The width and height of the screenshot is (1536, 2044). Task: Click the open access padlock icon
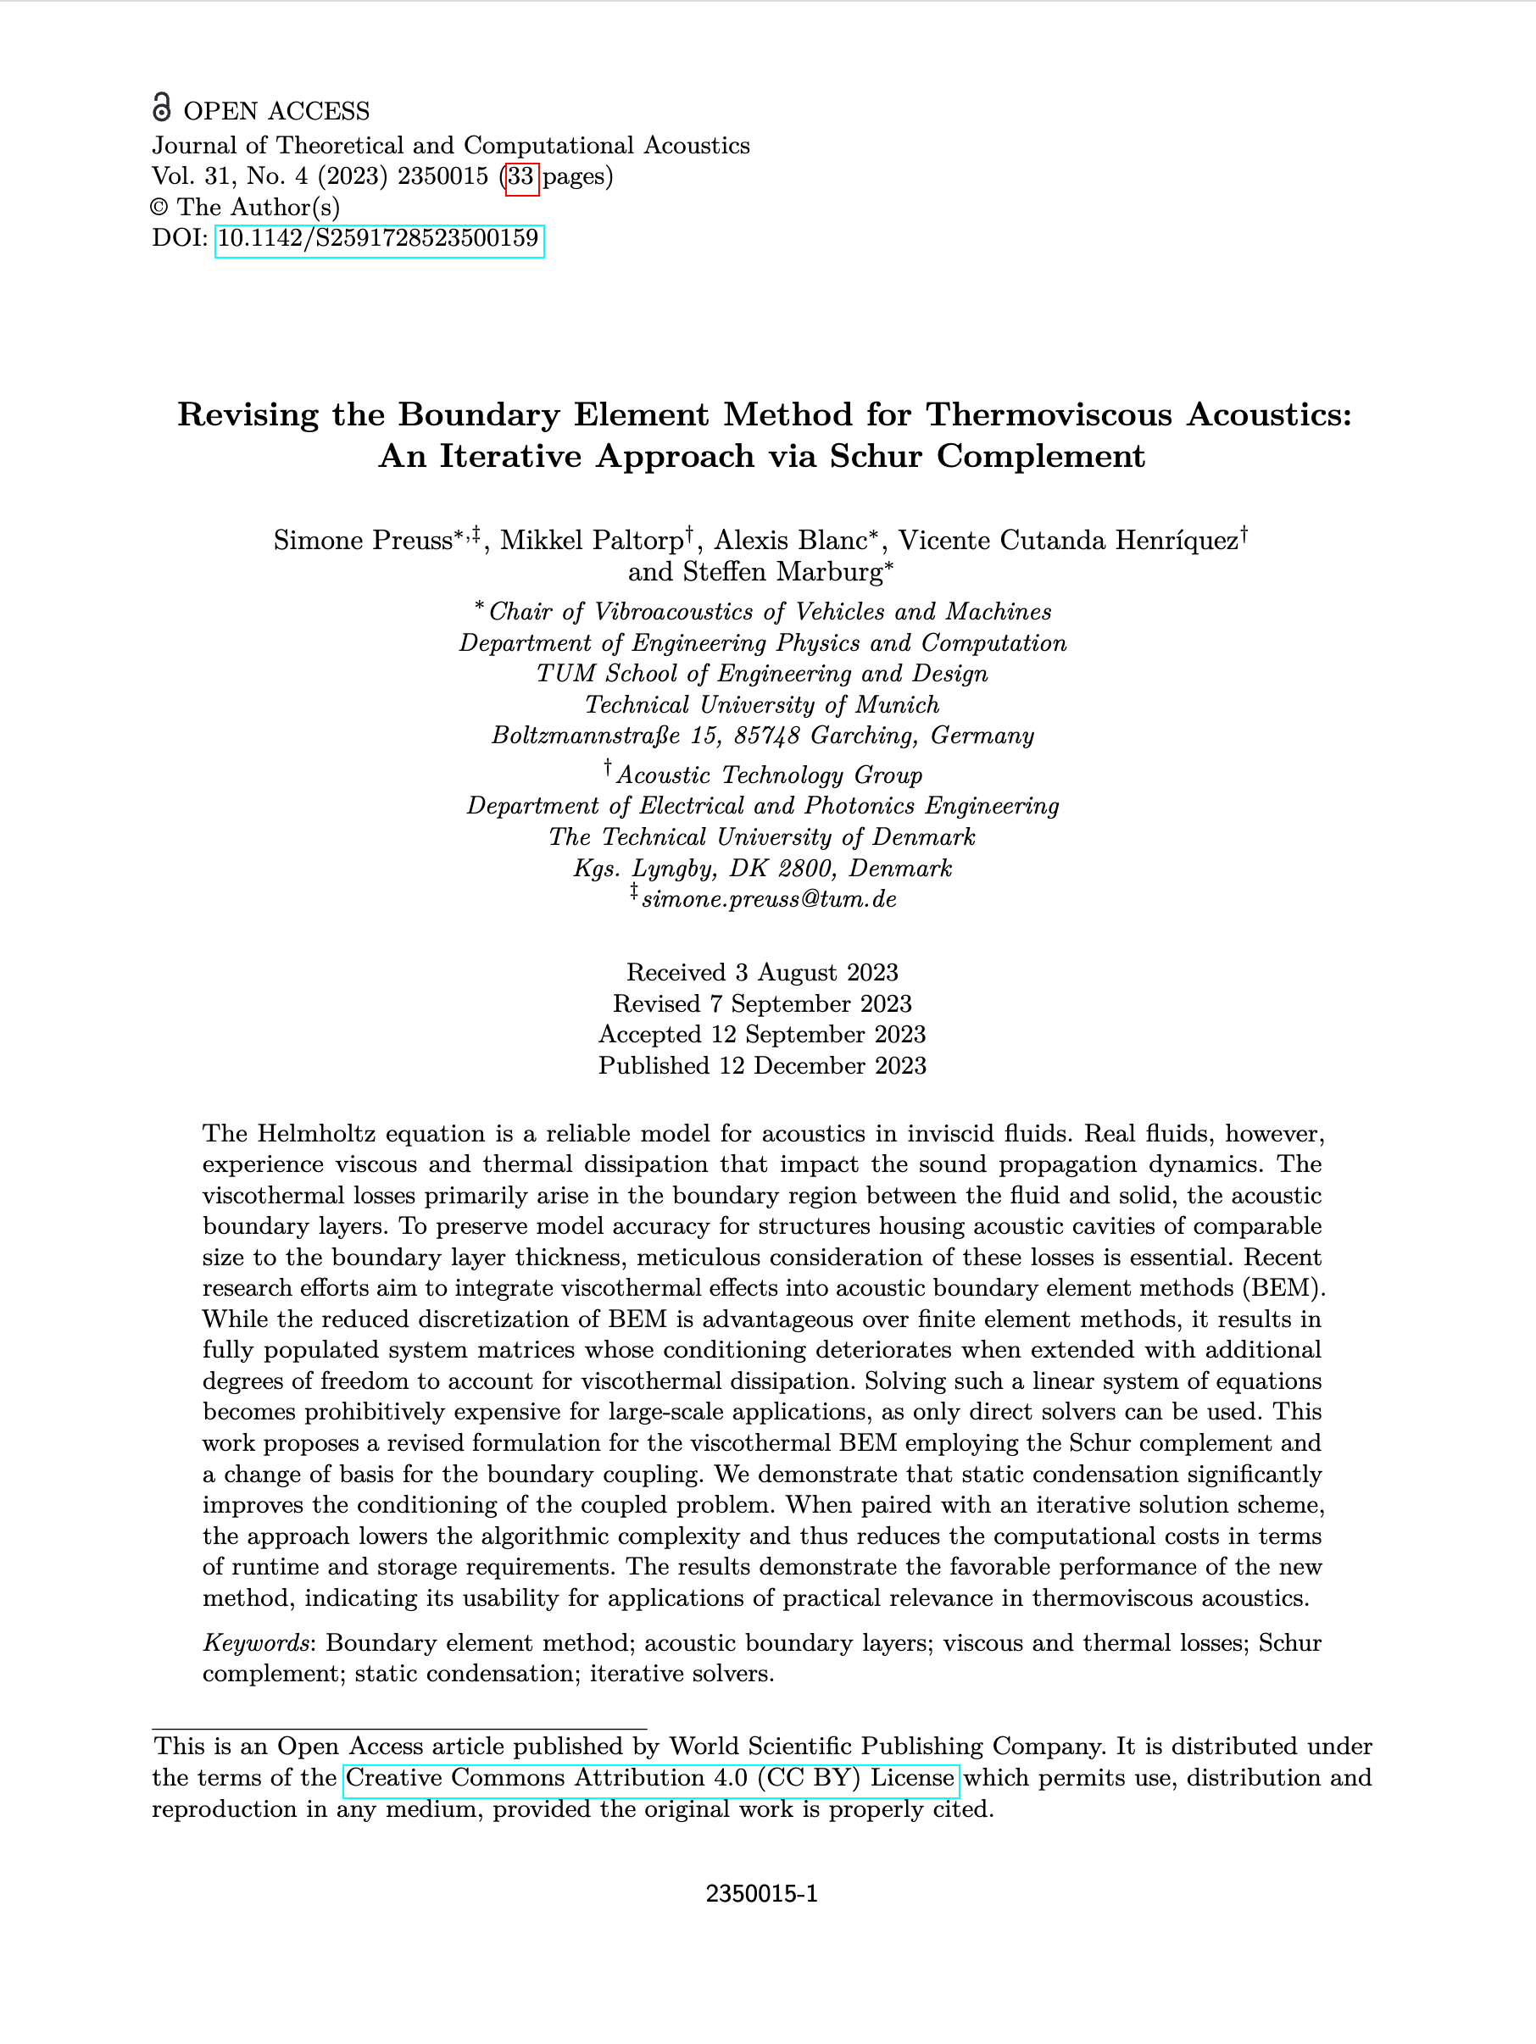pyautogui.click(x=162, y=108)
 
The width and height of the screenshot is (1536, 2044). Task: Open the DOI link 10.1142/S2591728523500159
pyautogui.click(x=378, y=239)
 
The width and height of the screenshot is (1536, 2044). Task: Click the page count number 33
pyautogui.click(x=521, y=176)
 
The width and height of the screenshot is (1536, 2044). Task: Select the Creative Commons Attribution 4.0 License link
pyautogui.click(x=649, y=1777)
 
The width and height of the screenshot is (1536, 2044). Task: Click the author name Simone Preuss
pyautogui.click(x=361, y=541)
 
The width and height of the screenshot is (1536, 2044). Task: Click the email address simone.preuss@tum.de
pyautogui.click(x=768, y=899)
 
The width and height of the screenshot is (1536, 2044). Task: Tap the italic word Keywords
pyautogui.click(x=256, y=1642)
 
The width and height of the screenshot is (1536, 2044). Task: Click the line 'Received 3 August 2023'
pyautogui.click(x=761, y=972)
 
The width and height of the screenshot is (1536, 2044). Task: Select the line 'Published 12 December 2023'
pyautogui.click(x=761, y=1065)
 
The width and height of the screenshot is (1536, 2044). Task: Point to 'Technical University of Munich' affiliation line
pyautogui.click(x=761, y=705)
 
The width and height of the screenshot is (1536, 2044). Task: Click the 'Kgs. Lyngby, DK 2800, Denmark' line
pyautogui.click(x=761, y=869)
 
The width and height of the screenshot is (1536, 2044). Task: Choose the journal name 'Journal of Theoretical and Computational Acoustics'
pyautogui.click(x=450, y=145)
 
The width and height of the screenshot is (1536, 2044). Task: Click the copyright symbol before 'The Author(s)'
pyautogui.click(x=160, y=208)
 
